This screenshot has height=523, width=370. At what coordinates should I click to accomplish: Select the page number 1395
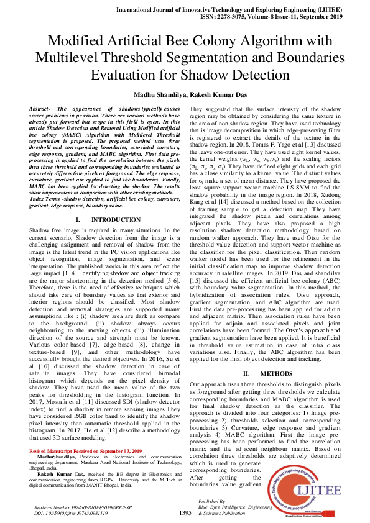coord(185,513)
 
